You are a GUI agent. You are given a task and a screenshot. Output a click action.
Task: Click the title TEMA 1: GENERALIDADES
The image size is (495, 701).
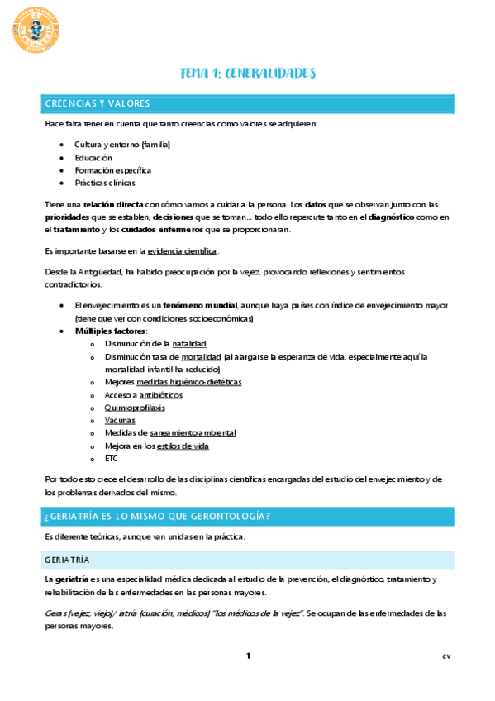pyautogui.click(x=248, y=74)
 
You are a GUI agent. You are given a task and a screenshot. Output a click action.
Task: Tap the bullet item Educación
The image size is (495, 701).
pyautogui.click(x=93, y=157)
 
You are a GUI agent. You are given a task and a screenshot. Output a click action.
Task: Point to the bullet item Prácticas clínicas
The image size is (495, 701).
pyautogui.click(x=105, y=183)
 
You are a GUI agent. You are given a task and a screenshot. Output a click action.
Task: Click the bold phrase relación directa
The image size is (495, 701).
pyautogui.click(x=112, y=204)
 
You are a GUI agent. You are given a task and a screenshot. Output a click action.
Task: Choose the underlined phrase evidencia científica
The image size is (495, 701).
pyautogui.click(x=183, y=250)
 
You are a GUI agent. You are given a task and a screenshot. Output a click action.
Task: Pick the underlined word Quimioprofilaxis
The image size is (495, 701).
pyautogui.click(x=134, y=408)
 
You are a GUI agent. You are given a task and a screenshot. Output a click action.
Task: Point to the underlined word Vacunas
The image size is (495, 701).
pyautogui.click(x=121, y=420)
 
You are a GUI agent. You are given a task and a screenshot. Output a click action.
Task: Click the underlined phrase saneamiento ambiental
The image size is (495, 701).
pyautogui.click(x=193, y=432)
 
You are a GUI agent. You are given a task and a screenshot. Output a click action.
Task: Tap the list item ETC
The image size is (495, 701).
pyautogui.click(x=112, y=458)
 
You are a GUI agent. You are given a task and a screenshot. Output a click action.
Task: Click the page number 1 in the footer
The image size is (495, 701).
pyautogui.click(x=247, y=656)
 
